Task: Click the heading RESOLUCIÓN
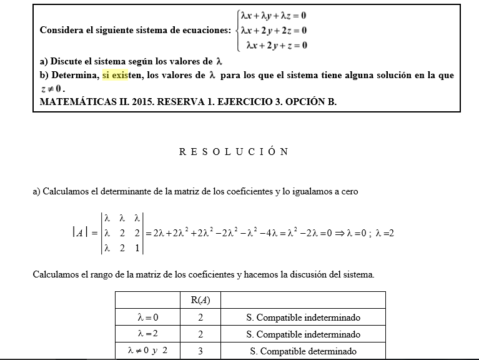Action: coord(233,152)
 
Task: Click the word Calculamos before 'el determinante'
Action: coord(67,192)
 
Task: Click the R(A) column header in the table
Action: coord(200,300)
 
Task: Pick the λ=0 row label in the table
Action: coord(147,317)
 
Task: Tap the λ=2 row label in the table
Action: coord(147,334)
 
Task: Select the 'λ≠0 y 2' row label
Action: coord(147,351)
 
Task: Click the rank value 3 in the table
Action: coord(200,351)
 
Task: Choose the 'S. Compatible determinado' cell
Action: coord(303,351)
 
